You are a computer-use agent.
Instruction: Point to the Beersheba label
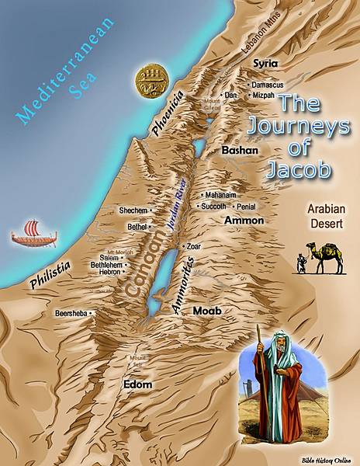point(68,313)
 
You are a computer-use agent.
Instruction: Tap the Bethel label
point(137,227)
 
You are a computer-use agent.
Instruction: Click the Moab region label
point(207,311)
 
